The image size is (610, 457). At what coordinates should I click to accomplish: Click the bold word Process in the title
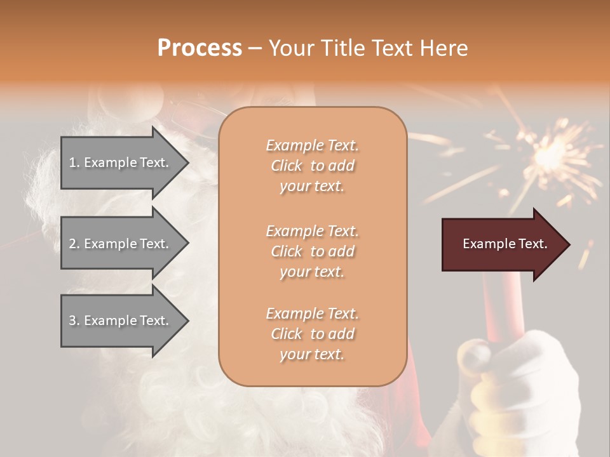click(200, 48)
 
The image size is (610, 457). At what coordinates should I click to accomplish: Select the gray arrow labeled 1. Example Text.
click(121, 162)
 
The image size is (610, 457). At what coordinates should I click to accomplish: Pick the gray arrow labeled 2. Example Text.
click(121, 244)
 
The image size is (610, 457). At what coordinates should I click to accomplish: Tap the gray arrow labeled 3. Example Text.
click(121, 321)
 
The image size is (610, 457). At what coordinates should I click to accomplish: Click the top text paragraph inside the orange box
click(312, 166)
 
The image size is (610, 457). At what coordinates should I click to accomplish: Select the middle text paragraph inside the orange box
click(312, 251)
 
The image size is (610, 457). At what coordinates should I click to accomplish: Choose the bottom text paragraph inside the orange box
click(312, 334)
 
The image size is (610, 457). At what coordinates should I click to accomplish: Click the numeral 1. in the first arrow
click(74, 162)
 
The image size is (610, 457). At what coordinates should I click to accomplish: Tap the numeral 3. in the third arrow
click(74, 321)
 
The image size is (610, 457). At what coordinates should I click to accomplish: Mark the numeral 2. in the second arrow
click(74, 244)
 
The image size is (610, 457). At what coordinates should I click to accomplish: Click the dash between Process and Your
click(255, 48)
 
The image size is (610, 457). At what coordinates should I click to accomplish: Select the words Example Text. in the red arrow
click(505, 244)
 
